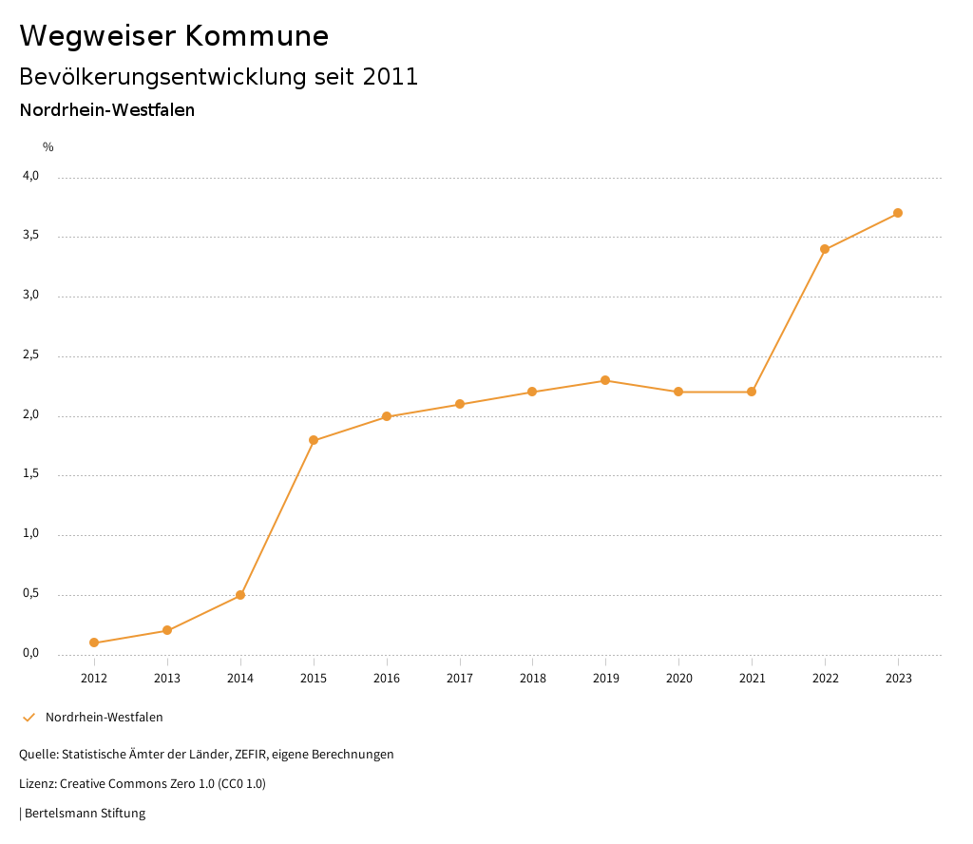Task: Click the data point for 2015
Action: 314,440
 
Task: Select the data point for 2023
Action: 898,213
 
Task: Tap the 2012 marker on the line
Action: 94,643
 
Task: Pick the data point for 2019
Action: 605,380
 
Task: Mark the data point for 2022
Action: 825,249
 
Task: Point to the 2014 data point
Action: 240,595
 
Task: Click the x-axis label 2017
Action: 460,678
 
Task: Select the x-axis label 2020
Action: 678,678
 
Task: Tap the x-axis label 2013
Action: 167,678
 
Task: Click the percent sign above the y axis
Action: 48,147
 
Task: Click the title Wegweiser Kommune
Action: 174,36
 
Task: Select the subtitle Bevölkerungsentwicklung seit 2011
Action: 219,77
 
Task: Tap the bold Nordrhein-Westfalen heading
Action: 107,110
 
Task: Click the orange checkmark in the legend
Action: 29,718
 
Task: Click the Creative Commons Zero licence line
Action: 143,784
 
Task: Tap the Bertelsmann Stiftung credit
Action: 84,814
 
